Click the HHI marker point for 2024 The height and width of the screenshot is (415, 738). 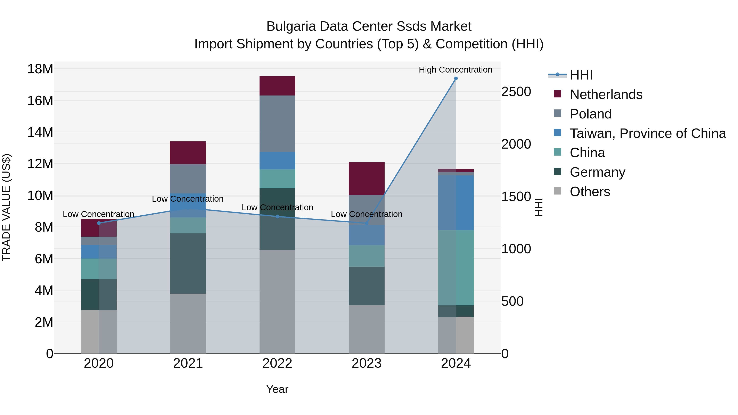[x=456, y=78]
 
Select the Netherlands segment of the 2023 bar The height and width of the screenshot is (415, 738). [x=366, y=179]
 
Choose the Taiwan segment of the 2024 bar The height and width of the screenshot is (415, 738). [x=456, y=203]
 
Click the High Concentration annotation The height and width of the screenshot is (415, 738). [x=455, y=70]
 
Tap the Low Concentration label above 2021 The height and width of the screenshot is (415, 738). [x=188, y=199]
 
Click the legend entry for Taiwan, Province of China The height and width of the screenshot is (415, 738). [x=647, y=133]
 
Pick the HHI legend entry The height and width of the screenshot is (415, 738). [x=581, y=75]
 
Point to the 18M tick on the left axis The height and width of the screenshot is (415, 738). [x=40, y=69]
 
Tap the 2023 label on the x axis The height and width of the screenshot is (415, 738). [x=366, y=363]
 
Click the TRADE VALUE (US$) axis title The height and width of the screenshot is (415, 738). [x=6, y=207]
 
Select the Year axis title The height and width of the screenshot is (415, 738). [x=277, y=389]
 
